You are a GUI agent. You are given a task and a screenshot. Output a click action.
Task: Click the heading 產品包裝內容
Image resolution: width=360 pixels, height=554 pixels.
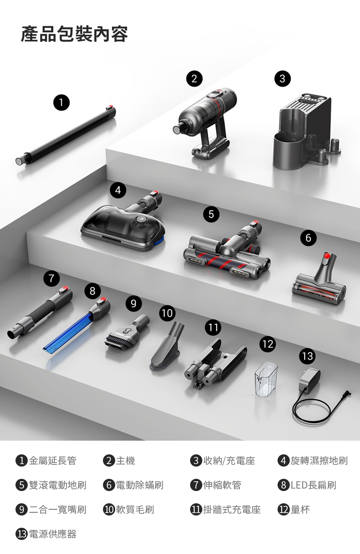[74, 34]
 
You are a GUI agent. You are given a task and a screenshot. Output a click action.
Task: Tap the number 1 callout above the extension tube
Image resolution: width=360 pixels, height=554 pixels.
[61, 103]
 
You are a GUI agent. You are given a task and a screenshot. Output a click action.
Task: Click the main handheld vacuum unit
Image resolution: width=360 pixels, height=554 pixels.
[205, 122]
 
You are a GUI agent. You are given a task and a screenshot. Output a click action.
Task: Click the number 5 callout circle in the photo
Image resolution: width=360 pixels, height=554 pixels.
[211, 214]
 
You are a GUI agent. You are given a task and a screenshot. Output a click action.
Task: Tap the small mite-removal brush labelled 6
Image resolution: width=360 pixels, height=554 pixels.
[320, 281]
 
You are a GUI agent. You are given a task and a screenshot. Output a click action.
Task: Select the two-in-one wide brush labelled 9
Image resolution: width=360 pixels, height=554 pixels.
[126, 332]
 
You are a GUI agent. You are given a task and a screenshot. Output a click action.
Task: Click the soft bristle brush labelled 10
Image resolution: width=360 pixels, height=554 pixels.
[166, 347]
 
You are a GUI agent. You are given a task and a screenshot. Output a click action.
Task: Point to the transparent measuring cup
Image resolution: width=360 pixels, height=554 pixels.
[266, 379]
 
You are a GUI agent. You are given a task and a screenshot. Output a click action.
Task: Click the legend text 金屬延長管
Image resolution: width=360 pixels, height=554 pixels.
[53, 460]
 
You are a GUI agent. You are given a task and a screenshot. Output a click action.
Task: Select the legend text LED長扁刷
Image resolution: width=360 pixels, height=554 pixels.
[313, 485]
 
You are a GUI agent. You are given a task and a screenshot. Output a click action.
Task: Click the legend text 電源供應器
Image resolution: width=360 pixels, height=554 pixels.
[53, 534]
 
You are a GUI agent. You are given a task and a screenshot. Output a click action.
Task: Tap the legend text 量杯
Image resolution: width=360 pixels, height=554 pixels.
[300, 509]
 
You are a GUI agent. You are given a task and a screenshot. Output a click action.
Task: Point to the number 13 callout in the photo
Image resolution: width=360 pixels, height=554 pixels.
[307, 357]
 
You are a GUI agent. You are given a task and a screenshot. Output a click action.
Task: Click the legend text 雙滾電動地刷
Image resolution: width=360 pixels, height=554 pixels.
[58, 485]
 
